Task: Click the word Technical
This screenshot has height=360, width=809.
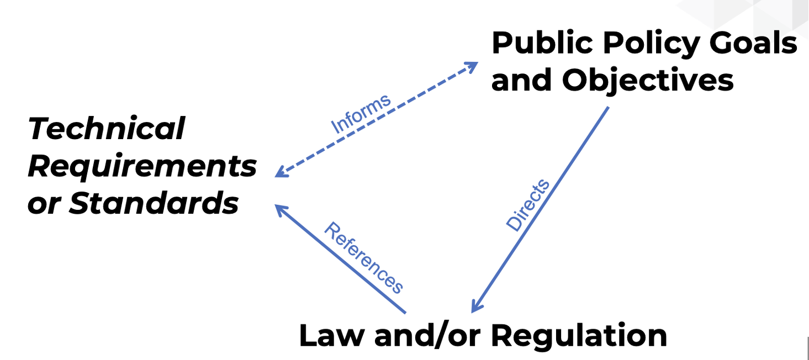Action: [107, 129]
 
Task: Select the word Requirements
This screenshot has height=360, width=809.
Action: [142, 166]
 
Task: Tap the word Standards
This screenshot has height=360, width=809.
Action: [154, 203]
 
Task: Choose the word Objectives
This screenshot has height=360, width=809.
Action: [648, 80]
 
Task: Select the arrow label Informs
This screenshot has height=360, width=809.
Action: [361, 114]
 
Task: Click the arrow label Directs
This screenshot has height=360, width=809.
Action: [528, 205]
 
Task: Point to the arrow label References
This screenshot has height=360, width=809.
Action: [363, 257]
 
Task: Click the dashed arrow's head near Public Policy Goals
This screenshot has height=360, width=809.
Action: [474, 65]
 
